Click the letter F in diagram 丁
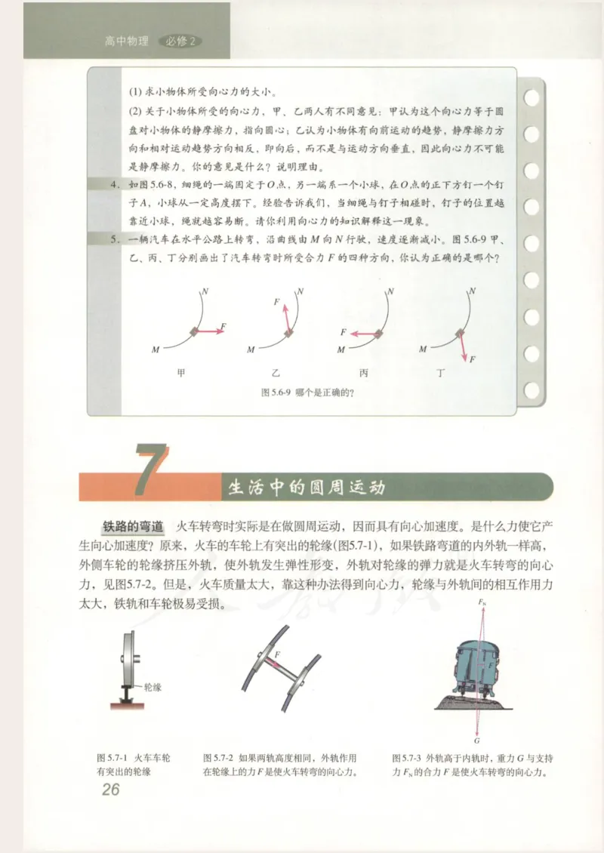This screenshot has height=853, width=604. click(473, 360)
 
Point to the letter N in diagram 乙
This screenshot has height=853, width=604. click(300, 291)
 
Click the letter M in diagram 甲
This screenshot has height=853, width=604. click(156, 350)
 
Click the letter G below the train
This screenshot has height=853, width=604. click(477, 741)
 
